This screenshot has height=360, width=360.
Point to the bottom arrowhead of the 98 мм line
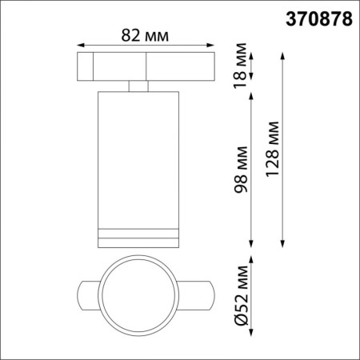pyautogui.click(x=252, y=242)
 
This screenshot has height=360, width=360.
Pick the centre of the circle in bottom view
pyautogui.click(x=137, y=298)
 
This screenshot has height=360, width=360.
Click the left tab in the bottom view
pyautogui.click(x=90, y=298)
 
